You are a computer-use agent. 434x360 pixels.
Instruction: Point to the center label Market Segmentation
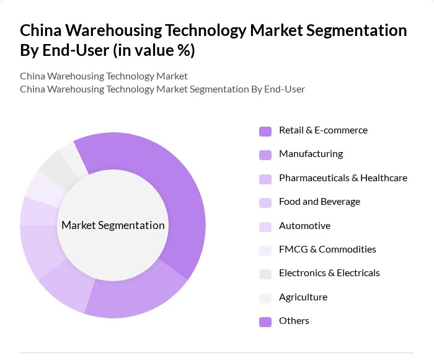click(113, 225)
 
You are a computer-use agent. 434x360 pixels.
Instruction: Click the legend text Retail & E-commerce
click(323, 130)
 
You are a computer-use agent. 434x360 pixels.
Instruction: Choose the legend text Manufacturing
click(311, 154)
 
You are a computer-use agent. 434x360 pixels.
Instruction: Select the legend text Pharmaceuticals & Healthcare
click(343, 178)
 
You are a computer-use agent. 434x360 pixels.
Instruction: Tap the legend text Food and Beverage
click(319, 202)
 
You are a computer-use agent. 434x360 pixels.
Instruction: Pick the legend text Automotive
click(304, 226)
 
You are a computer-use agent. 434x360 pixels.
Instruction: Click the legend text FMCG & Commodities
click(327, 250)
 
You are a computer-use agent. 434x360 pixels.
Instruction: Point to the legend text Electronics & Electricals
click(329, 273)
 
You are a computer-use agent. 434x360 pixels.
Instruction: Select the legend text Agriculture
click(303, 297)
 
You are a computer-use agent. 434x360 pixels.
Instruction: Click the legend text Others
click(294, 321)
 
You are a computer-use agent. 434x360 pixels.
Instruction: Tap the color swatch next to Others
click(265, 322)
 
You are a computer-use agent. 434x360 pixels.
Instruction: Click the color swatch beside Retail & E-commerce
click(265, 131)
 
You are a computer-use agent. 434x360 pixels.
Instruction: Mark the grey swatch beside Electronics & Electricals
click(265, 274)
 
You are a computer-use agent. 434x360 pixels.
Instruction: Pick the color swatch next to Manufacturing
click(265, 155)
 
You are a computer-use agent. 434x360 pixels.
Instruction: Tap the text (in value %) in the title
click(154, 51)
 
